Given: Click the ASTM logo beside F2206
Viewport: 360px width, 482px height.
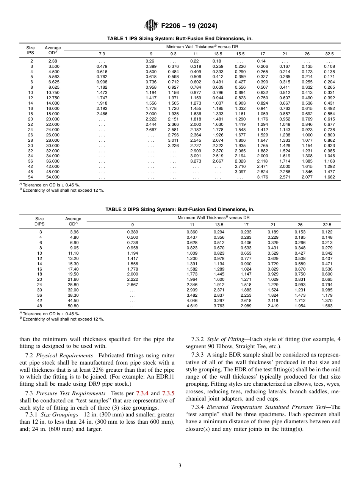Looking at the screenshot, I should point(152,26).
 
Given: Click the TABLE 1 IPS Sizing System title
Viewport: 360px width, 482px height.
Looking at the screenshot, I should point(180,39).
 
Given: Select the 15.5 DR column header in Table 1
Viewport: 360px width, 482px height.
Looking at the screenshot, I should point(240,53).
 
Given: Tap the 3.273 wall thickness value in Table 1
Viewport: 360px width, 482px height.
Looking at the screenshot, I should point(196,161).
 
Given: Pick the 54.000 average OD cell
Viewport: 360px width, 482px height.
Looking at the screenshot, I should point(53,177).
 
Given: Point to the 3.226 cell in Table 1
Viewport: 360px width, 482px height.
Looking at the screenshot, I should point(173,145).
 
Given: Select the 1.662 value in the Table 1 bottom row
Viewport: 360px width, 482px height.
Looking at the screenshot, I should point(329,177).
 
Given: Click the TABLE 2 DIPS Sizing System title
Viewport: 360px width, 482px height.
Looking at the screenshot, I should point(180,209).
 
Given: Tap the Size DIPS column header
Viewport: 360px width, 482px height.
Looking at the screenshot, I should point(39,221).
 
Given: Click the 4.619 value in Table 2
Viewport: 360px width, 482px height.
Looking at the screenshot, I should point(193,306).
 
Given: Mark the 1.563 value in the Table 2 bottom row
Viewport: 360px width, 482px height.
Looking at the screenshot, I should point(327,306).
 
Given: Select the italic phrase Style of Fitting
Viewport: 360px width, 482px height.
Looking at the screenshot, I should point(224,340).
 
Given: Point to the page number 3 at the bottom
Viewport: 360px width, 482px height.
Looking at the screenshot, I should point(180,466).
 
